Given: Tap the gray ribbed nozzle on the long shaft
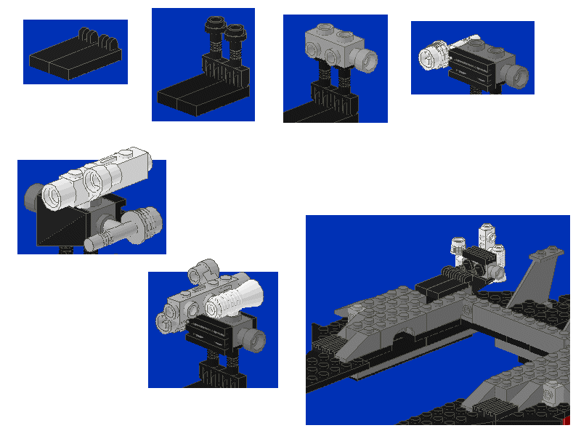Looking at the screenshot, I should [x=145, y=219].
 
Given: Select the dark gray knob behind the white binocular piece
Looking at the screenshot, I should [x=33, y=196].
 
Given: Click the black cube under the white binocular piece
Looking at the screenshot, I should [x=69, y=222].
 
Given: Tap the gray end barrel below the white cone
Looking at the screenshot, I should [x=255, y=340].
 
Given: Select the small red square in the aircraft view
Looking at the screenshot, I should [x=566, y=421].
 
